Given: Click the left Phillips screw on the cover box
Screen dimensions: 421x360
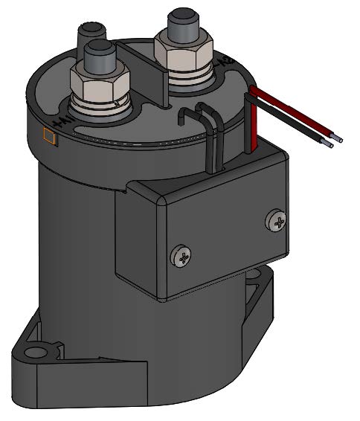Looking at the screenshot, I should [181, 255].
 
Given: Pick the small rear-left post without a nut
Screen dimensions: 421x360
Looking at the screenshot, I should [90, 33].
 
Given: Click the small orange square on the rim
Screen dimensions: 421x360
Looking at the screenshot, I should [51, 136].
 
